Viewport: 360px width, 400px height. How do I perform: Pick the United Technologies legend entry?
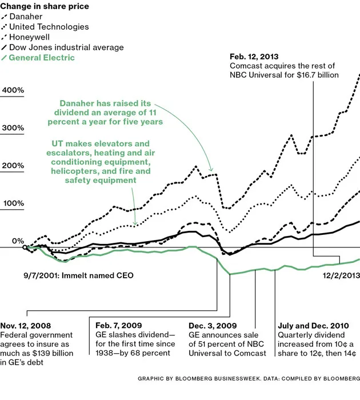coord(49,27)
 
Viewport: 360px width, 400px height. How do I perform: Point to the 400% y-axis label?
coord(12,90)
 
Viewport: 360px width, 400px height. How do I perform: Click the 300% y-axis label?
coord(12,128)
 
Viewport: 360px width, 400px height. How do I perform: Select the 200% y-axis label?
coord(12,166)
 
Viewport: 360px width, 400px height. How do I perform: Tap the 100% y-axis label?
coord(12,203)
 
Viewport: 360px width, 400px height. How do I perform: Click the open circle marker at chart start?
coord(25,247)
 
